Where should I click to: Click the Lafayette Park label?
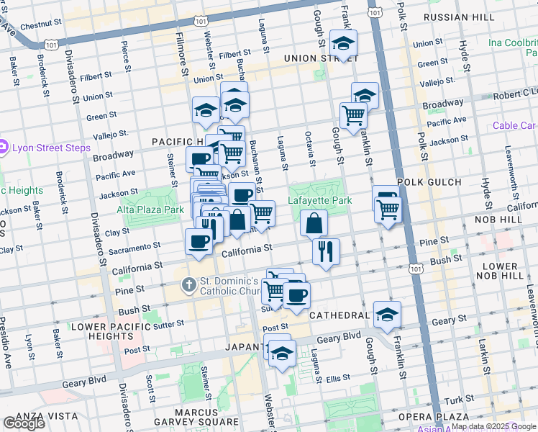click(x=320, y=200)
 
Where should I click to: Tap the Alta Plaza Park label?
click(x=151, y=210)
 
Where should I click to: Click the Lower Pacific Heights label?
click(x=110, y=331)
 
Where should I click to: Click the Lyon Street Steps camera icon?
click(x=4, y=148)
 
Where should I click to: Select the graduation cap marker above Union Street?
click(x=343, y=42)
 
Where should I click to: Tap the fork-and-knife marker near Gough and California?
click(x=326, y=251)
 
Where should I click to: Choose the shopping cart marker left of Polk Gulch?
click(x=388, y=210)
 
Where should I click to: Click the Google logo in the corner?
click(x=24, y=423)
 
